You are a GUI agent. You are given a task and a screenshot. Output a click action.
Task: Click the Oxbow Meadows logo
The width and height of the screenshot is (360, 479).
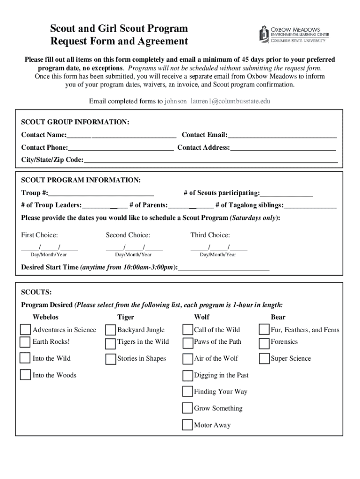[x=294, y=34]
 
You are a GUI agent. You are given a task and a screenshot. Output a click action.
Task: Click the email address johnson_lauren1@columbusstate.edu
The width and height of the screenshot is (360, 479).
[x=217, y=101]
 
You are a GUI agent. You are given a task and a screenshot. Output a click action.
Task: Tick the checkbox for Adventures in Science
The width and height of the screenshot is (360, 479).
[x=25, y=330]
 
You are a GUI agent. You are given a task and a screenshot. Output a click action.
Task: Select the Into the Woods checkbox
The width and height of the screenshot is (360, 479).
[x=25, y=375]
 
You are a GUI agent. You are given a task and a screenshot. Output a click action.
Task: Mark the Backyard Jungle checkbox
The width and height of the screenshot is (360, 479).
[x=110, y=330]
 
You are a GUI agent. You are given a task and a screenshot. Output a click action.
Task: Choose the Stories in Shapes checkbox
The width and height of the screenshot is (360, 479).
[x=110, y=359]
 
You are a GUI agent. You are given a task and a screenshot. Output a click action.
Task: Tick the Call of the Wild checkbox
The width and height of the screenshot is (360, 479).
[x=187, y=330]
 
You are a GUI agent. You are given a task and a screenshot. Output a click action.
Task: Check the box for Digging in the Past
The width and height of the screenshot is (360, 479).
[x=187, y=376]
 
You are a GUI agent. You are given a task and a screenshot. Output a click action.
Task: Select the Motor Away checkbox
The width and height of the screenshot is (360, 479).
[x=187, y=425]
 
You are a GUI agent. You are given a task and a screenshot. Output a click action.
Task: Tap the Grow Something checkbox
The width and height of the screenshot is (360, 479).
[x=187, y=408]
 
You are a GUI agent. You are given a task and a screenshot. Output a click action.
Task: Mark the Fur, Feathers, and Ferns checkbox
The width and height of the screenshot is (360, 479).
[x=264, y=330]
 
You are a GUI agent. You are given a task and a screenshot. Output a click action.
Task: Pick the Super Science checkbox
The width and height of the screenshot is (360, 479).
[x=264, y=359]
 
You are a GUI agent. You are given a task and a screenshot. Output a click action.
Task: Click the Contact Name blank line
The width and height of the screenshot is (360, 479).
[x=121, y=136]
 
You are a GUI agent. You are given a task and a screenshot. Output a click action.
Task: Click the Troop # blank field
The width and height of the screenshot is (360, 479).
[x=101, y=194]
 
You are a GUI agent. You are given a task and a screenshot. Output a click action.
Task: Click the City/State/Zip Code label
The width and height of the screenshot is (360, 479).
[x=52, y=160]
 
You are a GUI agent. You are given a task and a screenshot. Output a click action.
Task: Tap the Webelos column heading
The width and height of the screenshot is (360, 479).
[x=45, y=317]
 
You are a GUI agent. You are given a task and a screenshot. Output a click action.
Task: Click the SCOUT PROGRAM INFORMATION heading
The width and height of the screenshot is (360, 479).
[x=80, y=180]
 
